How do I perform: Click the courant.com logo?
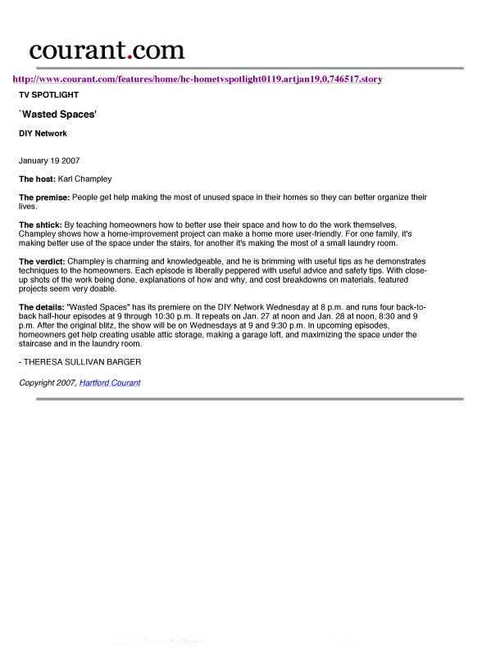[107, 50]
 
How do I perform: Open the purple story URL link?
[197, 79]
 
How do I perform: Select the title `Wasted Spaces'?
[58, 116]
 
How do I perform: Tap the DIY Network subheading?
[43, 133]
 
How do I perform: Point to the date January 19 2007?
[50, 161]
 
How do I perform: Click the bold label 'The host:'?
[37, 179]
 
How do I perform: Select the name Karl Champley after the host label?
[84, 179]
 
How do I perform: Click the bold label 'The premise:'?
[44, 197]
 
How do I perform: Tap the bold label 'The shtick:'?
[40, 224]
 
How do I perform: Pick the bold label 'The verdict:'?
[42, 261]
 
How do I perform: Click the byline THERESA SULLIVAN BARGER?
[80, 361]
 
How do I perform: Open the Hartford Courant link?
[110, 383]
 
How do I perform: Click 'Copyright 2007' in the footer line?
[48, 383]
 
